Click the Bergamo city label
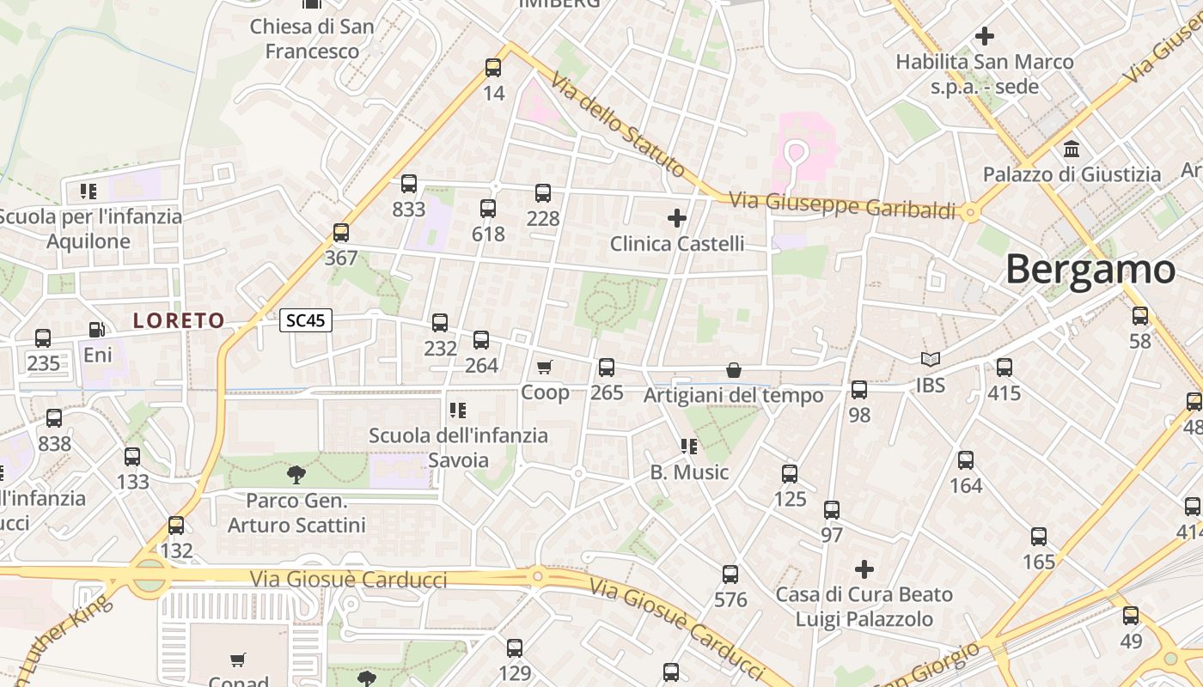[1090, 270]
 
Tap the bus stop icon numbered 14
[493, 68]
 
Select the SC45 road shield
[306, 320]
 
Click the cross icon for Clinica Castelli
[677, 218]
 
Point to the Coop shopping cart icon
[544, 368]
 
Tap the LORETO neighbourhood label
[179, 321]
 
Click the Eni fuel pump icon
[98, 330]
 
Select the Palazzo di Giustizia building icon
[1072, 149]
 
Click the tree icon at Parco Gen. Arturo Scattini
[296, 473]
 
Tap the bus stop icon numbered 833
[409, 184]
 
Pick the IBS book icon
[930, 360]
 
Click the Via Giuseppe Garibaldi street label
[842, 206]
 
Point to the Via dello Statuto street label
[618, 125]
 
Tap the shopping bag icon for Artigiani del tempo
[734, 370]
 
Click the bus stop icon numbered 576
[730, 575]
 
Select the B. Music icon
[688, 447]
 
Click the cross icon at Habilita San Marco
[985, 36]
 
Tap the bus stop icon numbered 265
[607, 368]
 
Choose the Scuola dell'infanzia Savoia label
[458, 447]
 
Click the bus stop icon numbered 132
[176, 526]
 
